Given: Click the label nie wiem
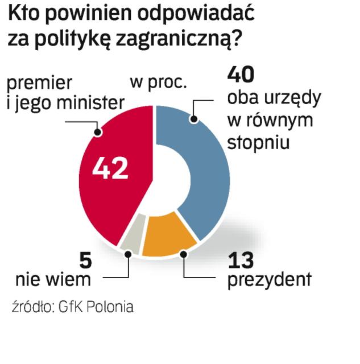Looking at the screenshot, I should pyautogui.click(x=53, y=280).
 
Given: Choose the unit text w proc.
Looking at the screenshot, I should pyautogui.click(x=159, y=83).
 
